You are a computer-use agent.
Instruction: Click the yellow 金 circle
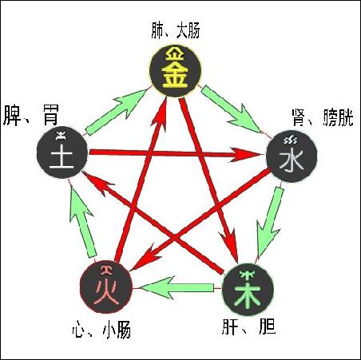175,71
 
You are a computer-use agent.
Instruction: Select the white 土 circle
62,152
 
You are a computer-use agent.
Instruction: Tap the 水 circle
292,156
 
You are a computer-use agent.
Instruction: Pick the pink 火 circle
106,287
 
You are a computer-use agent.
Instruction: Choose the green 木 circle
248,290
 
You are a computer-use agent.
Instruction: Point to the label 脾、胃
31,116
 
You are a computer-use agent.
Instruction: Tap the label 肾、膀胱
323,117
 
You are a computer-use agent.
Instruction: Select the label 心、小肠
101,330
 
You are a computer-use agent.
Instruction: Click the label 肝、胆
248,326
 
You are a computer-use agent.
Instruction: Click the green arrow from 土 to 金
117,111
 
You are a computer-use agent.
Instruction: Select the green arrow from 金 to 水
231,109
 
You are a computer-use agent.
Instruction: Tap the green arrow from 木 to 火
177,287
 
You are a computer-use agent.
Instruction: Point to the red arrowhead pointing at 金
160,114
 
